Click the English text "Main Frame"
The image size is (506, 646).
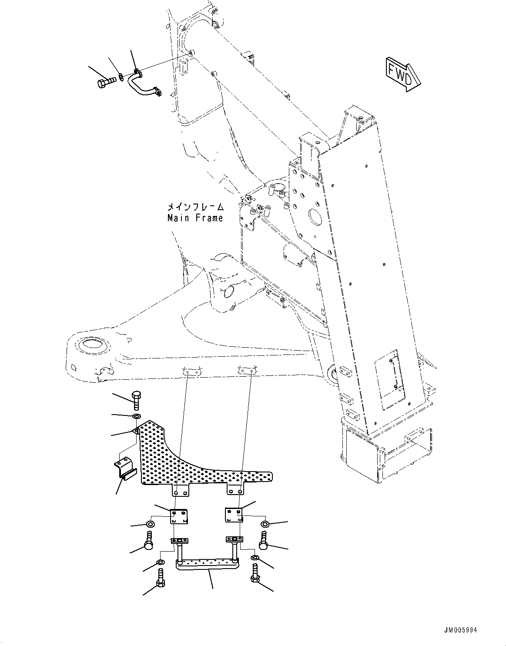[195, 218]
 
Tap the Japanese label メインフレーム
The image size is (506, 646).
[196, 207]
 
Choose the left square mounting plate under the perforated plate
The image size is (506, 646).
[178, 516]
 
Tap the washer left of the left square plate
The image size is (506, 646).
[150, 523]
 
